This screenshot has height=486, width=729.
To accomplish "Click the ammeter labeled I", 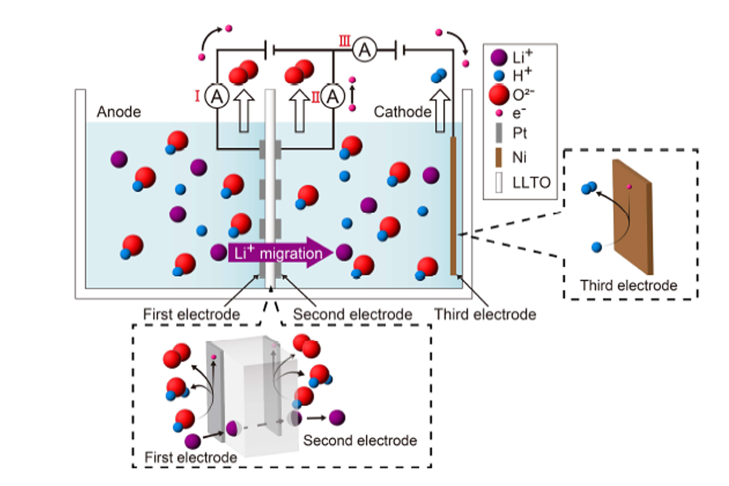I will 214,96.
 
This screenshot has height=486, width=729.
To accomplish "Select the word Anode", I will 118,112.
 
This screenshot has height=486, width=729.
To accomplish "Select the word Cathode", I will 402,112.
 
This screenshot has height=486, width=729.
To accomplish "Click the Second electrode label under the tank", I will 352,315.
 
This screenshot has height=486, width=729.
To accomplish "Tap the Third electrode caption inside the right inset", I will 628,285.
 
